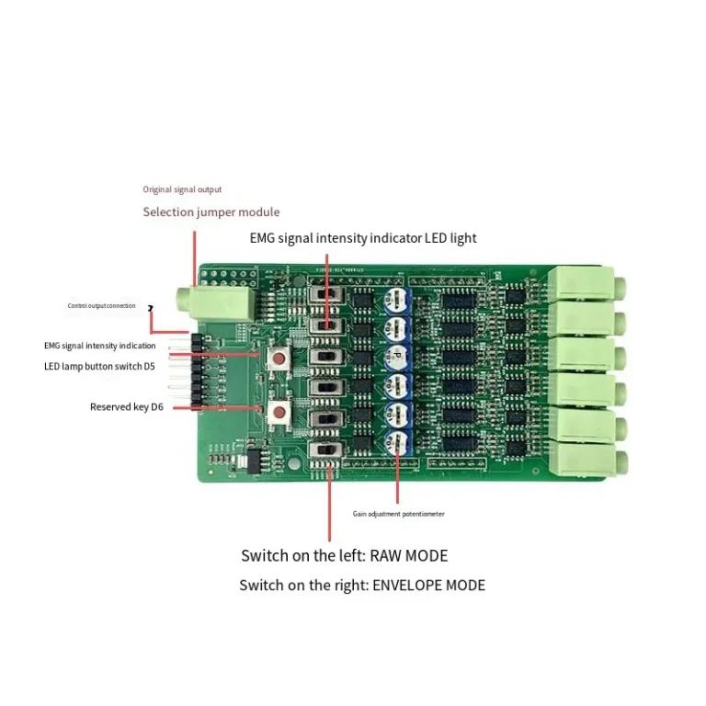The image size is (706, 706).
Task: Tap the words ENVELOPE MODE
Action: point(428,585)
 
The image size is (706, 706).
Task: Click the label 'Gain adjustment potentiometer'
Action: point(398,514)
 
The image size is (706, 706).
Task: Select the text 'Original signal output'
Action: point(181,189)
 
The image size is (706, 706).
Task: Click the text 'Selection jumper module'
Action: point(211,212)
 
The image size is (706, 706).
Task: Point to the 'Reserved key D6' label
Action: point(126,406)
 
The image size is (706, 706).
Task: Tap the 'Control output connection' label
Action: point(101,305)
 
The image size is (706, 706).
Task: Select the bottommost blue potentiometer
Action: point(396,440)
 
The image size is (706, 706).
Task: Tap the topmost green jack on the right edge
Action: point(583,283)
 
